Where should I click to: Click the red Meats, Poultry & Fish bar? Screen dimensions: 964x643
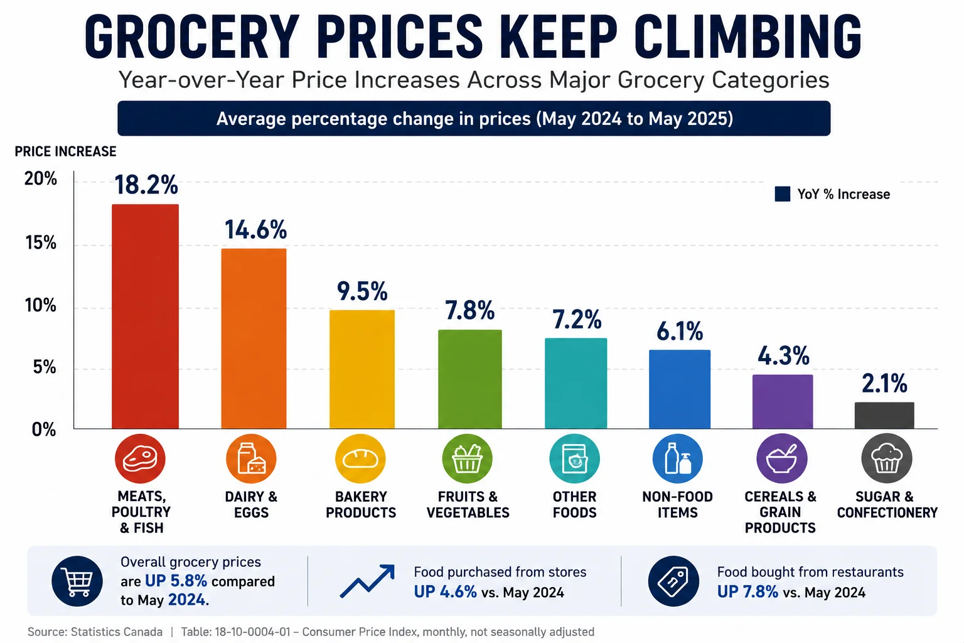tap(145, 316)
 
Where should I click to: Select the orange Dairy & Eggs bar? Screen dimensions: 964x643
tap(254, 338)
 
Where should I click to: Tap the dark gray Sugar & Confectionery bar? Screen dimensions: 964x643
tap(884, 415)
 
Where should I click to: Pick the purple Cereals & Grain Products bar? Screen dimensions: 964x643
tap(783, 401)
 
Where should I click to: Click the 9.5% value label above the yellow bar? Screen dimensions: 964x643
tap(362, 291)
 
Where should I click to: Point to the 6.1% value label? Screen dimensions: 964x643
tap(680, 331)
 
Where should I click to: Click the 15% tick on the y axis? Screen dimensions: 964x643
tap(40, 243)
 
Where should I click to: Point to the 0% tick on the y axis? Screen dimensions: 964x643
tap(44, 430)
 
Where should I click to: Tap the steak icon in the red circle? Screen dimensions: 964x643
tap(140, 458)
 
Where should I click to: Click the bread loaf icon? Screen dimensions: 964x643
tap(360, 458)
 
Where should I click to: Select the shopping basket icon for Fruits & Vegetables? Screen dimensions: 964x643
tap(468, 458)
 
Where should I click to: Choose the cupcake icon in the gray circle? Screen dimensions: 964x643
tap(887, 458)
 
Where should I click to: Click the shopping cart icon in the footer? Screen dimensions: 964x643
tap(77, 581)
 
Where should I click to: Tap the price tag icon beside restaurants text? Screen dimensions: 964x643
tap(673, 581)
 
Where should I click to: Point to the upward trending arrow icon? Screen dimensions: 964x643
tap(367, 581)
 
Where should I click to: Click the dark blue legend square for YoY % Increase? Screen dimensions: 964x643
tap(783, 194)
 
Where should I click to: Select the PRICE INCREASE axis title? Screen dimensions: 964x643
tap(65, 151)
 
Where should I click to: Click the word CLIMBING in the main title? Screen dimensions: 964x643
tap(747, 36)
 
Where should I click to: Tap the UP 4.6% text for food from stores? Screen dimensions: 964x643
tap(446, 592)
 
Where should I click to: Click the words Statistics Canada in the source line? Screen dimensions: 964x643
tap(117, 632)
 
